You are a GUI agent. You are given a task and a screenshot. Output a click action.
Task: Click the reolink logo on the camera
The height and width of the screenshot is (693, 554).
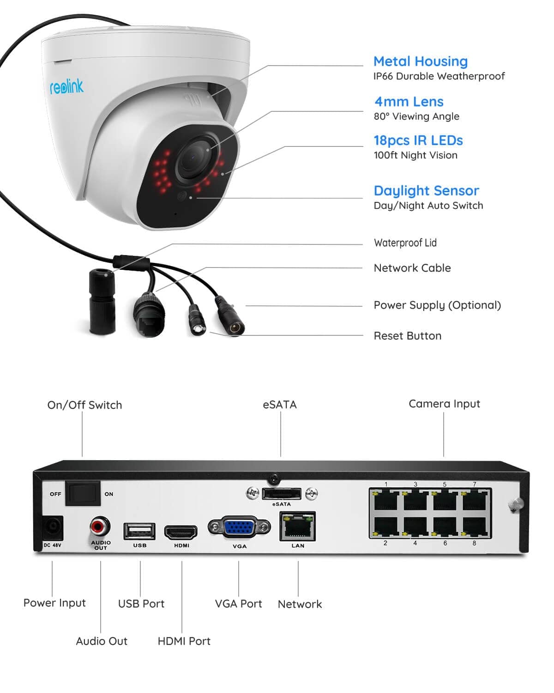tap(66, 86)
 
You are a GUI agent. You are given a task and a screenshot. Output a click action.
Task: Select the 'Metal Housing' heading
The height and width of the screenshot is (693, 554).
tap(420, 61)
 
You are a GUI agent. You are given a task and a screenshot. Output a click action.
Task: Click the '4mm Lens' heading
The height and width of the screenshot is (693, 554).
tap(409, 102)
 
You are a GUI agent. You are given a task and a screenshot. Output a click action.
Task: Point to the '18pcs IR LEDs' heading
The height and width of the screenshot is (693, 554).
tap(418, 140)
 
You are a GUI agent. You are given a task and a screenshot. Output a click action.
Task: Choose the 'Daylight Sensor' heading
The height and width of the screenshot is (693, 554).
tap(426, 191)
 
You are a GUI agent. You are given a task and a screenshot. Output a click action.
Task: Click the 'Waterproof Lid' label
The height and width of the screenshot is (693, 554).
tap(405, 243)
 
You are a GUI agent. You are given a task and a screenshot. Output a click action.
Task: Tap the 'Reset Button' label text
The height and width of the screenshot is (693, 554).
tap(407, 336)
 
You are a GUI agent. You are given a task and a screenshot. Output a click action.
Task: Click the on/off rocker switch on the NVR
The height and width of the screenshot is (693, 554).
tap(83, 493)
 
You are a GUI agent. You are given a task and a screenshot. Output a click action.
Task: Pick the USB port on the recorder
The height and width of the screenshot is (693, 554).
tap(139, 531)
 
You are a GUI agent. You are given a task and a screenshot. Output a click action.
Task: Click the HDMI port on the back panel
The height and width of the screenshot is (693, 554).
tap(181, 533)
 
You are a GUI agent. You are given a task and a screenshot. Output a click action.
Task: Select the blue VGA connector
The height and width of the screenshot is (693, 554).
tap(239, 527)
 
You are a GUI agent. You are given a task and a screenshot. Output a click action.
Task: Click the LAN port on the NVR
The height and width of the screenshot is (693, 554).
tap(297, 527)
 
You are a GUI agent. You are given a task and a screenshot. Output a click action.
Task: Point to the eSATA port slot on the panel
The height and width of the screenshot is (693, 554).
tap(281, 494)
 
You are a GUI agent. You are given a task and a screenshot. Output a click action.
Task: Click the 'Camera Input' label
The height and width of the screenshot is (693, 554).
tap(444, 404)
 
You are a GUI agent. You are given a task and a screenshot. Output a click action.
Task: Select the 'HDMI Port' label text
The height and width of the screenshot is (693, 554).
tap(184, 641)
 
